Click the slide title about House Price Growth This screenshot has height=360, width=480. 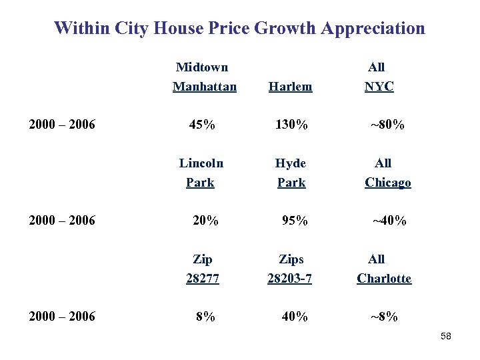pos(239,28)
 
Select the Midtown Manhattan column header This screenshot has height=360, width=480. pos(204,77)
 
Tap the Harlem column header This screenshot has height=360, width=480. pos(290,87)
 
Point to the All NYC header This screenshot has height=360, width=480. pos(379,77)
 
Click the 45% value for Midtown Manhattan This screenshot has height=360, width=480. pos(202,125)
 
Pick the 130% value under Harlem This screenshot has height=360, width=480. pos(291,125)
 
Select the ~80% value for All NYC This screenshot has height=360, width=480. pos(387,125)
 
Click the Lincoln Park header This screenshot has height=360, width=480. pos(201,173)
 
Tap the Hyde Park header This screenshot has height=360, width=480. pos(291,173)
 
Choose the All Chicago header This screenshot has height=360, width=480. pos(387,173)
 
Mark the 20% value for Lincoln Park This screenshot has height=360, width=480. pos(205,221)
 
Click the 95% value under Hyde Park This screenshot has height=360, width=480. pos(294,221)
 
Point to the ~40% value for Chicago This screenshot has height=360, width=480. pos(389,221)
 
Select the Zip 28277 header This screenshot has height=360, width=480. pos(203,269)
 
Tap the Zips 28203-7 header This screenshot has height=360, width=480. pos(290,269)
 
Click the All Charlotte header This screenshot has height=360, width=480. pos(384,269)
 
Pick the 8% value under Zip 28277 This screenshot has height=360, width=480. pos(205,317)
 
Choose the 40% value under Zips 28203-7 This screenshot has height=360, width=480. pos(294,317)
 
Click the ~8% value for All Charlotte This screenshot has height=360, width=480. pos(384,317)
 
